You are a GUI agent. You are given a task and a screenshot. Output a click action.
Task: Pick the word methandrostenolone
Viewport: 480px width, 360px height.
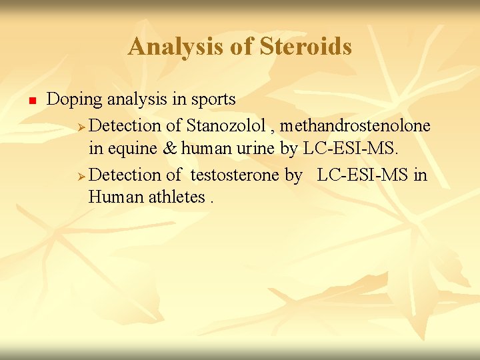point(355,125)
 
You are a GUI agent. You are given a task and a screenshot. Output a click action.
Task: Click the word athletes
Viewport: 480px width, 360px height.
point(174,197)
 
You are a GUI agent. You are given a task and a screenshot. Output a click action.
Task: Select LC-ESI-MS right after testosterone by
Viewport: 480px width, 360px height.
point(364,175)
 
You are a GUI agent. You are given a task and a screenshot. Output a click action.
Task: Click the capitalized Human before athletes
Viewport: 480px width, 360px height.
point(113,197)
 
